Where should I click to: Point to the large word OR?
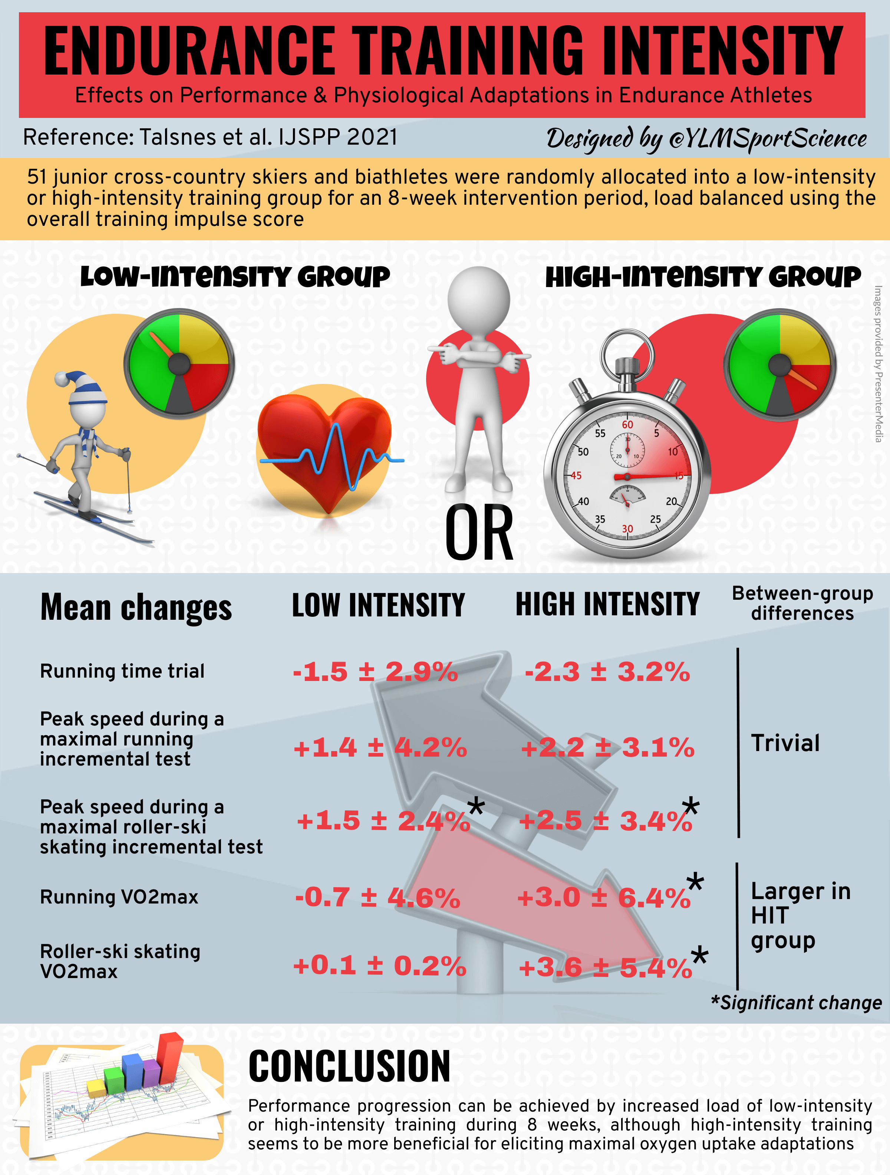[479, 533]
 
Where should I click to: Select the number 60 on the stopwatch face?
[627, 424]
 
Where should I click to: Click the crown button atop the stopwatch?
[627, 366]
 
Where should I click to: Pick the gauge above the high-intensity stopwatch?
[779, 365]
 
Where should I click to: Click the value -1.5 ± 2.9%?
[375, 672]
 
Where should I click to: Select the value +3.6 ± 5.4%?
[605, 967]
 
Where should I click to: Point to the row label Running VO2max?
[119, 897]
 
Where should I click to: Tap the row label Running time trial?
[122, 671]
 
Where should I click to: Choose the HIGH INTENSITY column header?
[607, 605]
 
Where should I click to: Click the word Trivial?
[785, 743]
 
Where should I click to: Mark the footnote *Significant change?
[796, 1003]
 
